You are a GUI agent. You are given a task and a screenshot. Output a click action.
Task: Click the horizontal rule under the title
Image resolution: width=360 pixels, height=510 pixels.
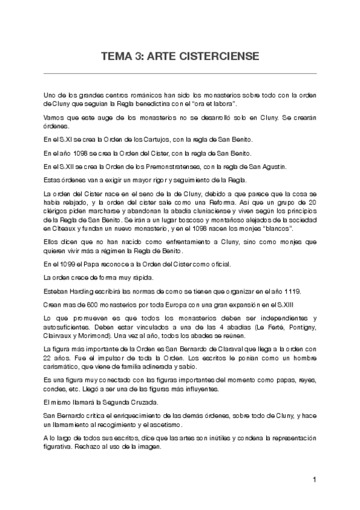tap(180, 73)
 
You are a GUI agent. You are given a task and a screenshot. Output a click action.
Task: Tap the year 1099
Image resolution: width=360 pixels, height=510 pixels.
tap(68, 264)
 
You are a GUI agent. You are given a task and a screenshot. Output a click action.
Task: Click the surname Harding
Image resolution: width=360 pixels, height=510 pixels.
tap(85, 290)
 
